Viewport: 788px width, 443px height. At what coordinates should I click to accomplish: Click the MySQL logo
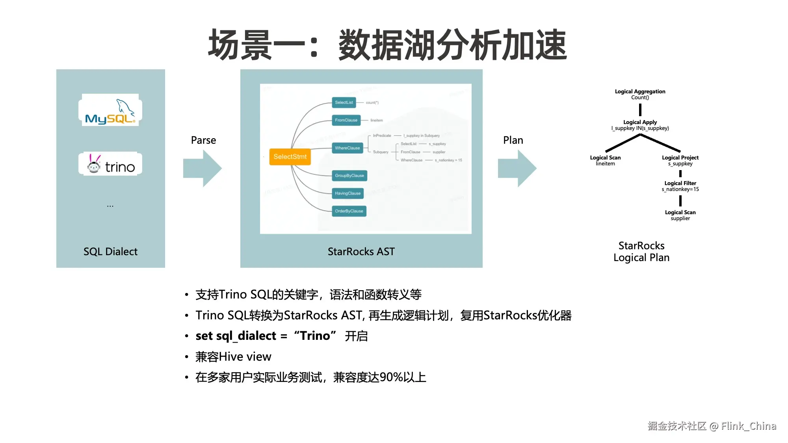pos(110,110)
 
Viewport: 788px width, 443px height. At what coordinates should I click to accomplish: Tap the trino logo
pos(111,164)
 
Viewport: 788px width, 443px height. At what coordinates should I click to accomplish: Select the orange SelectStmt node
pos(290,157)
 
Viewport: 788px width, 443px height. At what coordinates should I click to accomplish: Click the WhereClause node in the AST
pos(347,148)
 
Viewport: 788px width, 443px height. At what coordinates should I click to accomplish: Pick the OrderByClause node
pos(349,211)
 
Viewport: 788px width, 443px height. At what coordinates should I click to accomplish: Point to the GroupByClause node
pos(349,176)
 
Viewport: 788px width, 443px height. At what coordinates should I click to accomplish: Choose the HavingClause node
pos(348,193)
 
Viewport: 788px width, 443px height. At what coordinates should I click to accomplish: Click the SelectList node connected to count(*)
pos(344,102)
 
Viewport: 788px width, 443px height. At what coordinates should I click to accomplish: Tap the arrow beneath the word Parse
pos(203,168)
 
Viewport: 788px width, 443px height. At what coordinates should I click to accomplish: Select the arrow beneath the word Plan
pos(517,168)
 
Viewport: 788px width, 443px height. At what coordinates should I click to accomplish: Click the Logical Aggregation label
pos(640,92)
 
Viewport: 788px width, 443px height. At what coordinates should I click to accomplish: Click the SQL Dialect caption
pos(110,252)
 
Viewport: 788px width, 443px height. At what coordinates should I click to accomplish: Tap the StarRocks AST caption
pos(361,252)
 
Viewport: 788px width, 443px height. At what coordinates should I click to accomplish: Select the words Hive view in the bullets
pos(245,357)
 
